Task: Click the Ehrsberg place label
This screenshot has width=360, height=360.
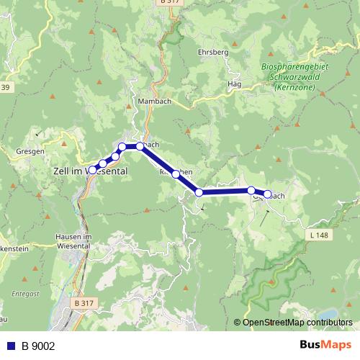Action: coord(212,53)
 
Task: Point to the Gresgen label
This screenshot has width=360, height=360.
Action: coord(30,152)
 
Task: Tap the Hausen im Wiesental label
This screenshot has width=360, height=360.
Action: coord(74,241)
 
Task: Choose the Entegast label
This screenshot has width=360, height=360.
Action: coord(27,294)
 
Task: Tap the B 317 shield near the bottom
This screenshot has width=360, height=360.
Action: coord(84,305)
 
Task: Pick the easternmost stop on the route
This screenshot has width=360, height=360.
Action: coord(267,194)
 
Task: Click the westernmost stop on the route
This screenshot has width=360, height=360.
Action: coord(92,169)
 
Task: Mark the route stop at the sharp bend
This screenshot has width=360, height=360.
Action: coord(199,192)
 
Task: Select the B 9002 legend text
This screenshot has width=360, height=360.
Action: coord(38,346)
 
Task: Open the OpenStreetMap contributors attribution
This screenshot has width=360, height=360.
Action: coord(297,323)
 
